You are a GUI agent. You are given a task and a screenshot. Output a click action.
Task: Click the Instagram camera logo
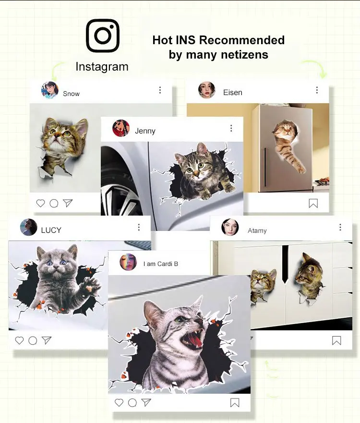[x=103, y=36]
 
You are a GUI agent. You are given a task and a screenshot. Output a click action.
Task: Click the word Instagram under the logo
[x=102, y=67]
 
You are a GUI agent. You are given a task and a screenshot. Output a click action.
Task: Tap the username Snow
[x=71, y=94]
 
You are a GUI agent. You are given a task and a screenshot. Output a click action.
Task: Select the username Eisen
[x=233, y=93]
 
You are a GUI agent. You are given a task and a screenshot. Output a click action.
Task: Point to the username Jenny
[x=145, y=131]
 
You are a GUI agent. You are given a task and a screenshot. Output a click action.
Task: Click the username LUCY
[x=51, y=230]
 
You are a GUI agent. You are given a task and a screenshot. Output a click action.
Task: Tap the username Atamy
[x=257, y=230]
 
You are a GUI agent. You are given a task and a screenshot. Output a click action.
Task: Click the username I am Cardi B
[x=161, y=264]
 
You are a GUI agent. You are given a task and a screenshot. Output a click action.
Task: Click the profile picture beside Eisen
[x=206, y=90]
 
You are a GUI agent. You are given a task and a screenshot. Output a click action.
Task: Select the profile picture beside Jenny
[x=121, y=128]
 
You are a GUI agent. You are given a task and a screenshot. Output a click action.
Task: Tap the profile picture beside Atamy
[x=230, y=227]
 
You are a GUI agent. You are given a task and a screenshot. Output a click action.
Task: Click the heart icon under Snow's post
[x=40, y=203]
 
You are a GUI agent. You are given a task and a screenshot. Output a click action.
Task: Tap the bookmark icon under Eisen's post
[x=313, y=204]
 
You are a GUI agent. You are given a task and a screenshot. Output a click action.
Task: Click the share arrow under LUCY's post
[x=47, y=340]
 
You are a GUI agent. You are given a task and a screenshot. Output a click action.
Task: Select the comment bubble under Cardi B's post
[x=132, y=403]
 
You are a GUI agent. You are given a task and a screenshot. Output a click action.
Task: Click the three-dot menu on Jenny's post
[x=231, y=128]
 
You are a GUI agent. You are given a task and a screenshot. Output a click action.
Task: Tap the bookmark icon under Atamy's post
[x=336, y=340]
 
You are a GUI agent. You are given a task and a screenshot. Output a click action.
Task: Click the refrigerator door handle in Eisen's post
[x=265, y=167]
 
